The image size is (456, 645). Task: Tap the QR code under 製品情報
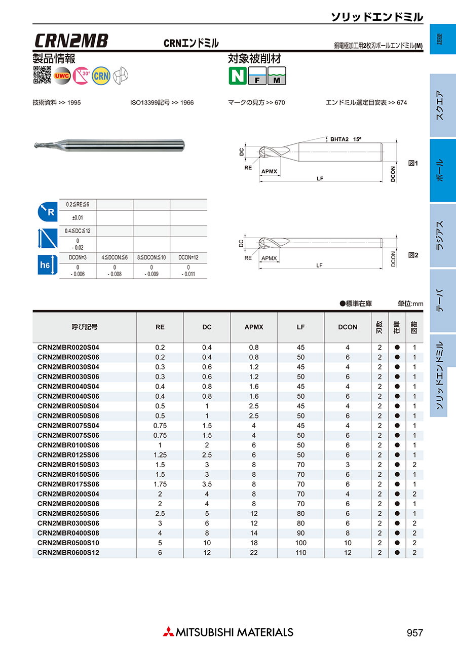pyautogui.click(x=42, y=75)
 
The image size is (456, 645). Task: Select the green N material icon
pyautogui.click(x=237, y=75)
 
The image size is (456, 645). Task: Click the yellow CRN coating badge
pyautogui.click(x=101, y=75)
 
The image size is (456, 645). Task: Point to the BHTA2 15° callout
pyautogui.click(x=347, y=139)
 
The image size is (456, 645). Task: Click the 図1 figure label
pyautogui.click(x=413, y=164)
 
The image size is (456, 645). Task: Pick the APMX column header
pyautogui.click(x=254, y=327)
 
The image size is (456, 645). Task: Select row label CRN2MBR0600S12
pyautogui.click(x=68, y=553)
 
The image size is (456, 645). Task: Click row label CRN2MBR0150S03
pyautogui.click(x=68, y=465)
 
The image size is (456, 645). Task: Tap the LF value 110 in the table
pyautogui.click(x=301, y=553)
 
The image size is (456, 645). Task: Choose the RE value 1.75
pyautogui.click(x=160, y=484)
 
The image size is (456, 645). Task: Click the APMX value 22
pyautogui.click(x=254, y=553)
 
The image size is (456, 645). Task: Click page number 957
pyautogui.click(x=414, y=633)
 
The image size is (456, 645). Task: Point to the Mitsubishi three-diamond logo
pyautogui.click(x=168, y=632)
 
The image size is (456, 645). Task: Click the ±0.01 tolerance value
pyautogui.click(x=78, y=218)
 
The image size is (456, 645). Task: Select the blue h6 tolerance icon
pyautogui.click(x=46, y=265)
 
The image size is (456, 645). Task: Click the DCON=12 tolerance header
pyautogui.click(x=188, y=257)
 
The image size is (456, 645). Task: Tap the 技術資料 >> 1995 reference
pyautogui.click(x=56, y=103)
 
